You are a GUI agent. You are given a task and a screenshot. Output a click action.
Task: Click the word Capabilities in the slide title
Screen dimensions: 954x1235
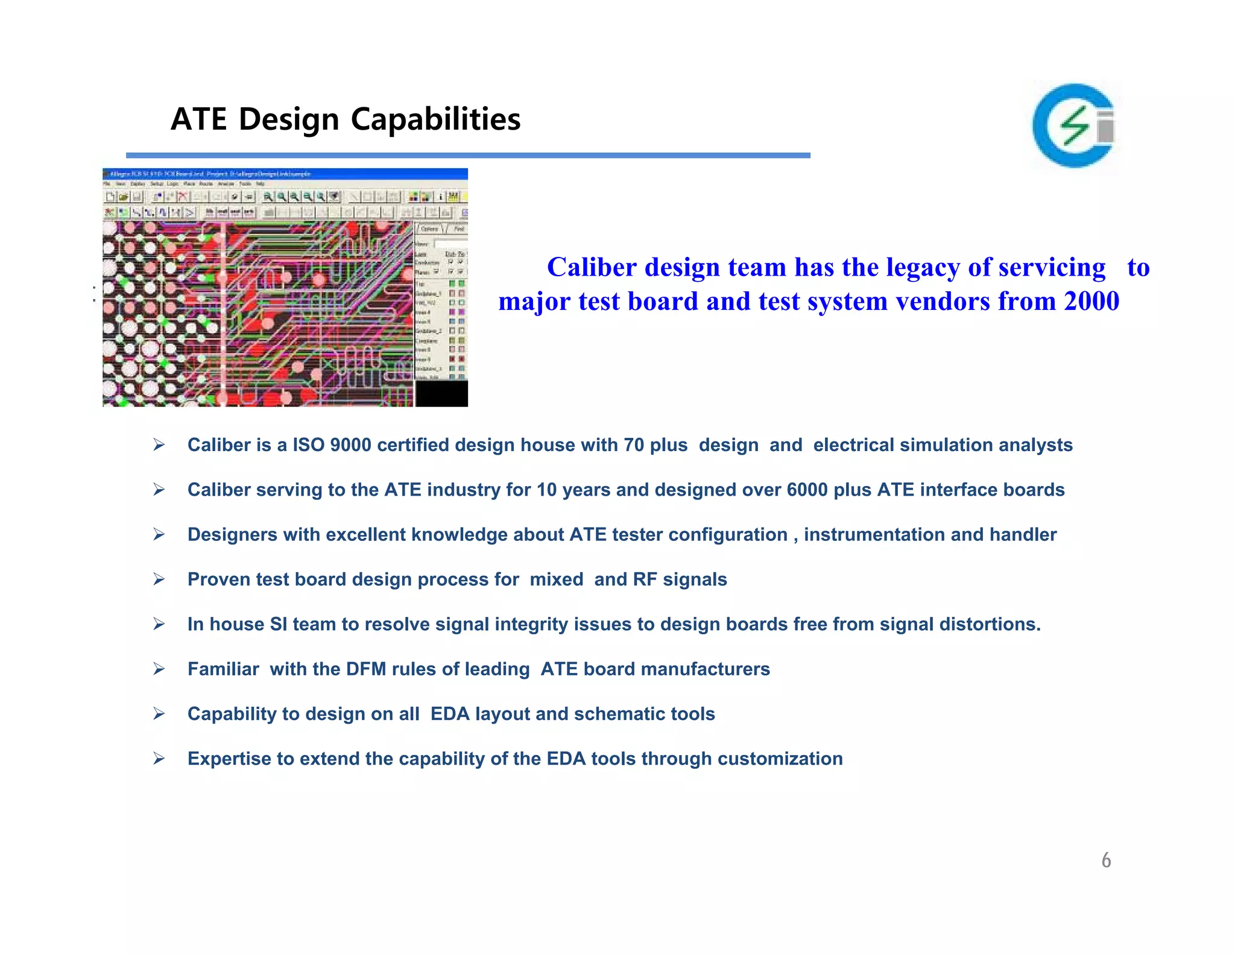435,119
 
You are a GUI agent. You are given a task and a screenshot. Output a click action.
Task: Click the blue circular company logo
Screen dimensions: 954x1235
1073,126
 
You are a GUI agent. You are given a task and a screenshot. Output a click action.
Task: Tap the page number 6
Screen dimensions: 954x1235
1106,860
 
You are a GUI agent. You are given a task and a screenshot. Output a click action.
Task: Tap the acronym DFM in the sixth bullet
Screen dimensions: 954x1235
365,669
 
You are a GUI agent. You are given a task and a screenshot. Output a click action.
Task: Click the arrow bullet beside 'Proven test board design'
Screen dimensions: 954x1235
159,580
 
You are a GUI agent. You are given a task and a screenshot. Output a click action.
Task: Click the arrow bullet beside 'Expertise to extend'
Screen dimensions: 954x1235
159,759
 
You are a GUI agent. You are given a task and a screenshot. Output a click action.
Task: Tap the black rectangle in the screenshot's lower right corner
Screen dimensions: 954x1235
441,393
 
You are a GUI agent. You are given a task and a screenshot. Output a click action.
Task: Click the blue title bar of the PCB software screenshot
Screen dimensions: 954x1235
285,174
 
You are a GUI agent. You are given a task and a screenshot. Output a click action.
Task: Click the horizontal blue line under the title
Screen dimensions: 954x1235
467,156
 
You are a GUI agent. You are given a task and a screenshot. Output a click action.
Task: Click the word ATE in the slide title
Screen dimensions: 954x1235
198,119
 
